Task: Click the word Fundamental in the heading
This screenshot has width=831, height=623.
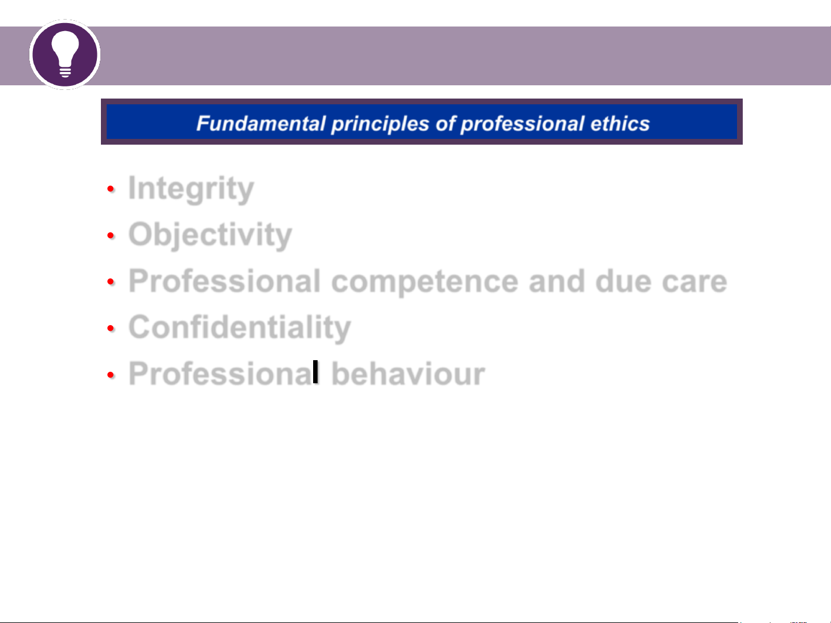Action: pos(261,123)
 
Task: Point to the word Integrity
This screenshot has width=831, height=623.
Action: pos(191,188)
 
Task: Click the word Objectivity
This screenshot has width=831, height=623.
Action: pos(210,235)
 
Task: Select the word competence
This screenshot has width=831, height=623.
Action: pos(424,282)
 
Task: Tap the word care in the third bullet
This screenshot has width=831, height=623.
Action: pos(694,282)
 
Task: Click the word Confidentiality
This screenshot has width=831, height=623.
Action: pos(240,327)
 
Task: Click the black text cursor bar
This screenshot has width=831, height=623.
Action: pos(315,372)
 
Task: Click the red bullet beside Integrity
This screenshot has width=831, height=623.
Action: pos(111,188)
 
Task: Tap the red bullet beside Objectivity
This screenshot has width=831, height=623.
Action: pos(111,235)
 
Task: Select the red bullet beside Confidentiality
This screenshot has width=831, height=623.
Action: pos(111,328)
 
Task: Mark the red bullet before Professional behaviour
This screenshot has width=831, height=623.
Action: pos(111,375)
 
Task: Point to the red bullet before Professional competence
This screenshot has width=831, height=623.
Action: pos(111,281)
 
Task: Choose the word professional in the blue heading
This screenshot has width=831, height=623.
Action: pos(522,124)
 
